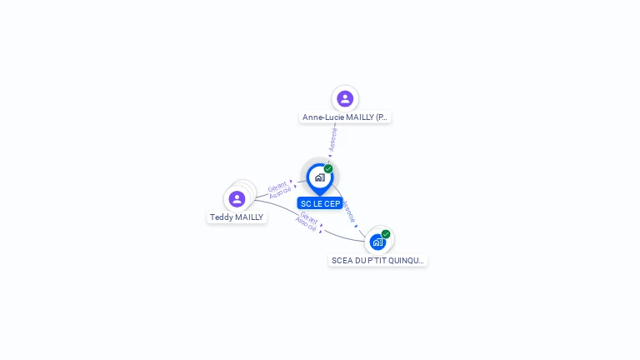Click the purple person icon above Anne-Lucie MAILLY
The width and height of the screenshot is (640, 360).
coord(345,99)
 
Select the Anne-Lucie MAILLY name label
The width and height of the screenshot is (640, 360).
coord(345,117)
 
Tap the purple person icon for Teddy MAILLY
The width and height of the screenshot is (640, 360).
coord(237,199)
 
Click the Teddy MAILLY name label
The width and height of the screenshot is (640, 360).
coord(237,217)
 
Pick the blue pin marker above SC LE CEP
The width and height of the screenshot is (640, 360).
coord(319,177)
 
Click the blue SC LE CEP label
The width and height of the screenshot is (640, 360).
coord(320,203)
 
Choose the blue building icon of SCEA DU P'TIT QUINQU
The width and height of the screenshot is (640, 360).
coord(378,242)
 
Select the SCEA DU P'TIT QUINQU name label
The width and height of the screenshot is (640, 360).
coord(378,261)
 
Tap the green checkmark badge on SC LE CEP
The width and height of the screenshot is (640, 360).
coord(328,169)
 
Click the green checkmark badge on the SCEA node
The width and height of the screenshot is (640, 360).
coord(386,234)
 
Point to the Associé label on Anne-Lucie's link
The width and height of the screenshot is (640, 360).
coord(332,138)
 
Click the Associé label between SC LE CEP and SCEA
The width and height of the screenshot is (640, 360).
coord(349,212)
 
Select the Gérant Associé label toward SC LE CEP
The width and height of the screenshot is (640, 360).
coord(279,189)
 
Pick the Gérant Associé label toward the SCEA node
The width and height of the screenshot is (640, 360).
coord(307,222)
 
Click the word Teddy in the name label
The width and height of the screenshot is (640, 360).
coord(221,217)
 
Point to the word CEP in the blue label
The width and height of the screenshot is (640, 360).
coord(331,203)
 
